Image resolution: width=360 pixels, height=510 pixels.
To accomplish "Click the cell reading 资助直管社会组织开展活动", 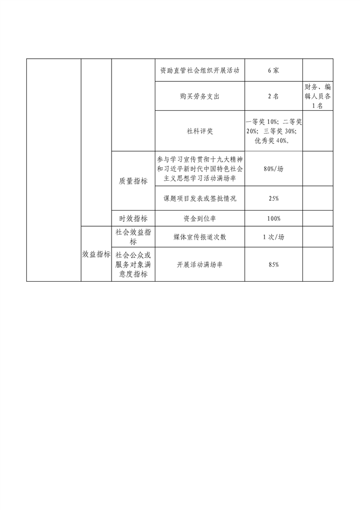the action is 200,70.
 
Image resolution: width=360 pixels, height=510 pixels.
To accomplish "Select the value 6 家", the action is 273,70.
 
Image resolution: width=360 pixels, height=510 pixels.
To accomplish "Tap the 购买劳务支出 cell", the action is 200,96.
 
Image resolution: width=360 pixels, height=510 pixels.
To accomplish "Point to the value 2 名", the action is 273,96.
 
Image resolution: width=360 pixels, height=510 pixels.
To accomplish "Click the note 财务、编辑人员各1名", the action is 318,96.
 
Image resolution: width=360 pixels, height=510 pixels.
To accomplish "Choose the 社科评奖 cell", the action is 200,131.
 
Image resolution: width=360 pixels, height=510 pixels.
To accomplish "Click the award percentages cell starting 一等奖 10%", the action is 273,131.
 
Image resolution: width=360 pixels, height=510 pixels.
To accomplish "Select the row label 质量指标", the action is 133,181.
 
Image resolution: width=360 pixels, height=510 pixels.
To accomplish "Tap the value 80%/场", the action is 273,169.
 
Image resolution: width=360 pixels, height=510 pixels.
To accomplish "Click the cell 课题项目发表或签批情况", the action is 200,198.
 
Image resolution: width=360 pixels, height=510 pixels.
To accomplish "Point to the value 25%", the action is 273,198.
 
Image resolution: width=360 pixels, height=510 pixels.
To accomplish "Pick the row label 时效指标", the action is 133,219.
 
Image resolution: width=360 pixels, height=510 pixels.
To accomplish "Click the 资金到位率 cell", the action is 200,219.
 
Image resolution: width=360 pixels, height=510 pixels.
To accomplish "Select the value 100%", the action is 273,219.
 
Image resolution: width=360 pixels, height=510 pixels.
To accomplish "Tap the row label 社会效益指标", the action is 133,237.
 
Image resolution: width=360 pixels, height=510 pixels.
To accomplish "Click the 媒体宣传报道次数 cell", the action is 200,237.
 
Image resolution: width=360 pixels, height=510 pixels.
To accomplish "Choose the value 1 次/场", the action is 273,237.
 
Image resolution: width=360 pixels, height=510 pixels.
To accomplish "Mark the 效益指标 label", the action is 96,254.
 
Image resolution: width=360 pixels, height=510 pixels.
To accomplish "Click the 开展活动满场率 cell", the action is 200,265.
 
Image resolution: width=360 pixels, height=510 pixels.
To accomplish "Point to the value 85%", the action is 273,265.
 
